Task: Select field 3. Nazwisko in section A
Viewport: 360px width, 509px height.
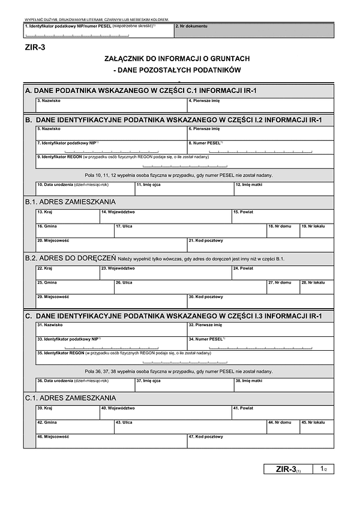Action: coord(110,105)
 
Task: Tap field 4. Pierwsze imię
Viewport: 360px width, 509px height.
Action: coord(260,105)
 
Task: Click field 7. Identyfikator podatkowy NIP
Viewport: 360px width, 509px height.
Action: coord(110,147)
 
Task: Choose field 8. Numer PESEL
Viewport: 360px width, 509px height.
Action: coord(260,147)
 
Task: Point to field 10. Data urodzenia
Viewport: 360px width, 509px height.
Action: coord(84,189)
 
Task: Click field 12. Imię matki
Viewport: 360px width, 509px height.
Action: coord(283,189)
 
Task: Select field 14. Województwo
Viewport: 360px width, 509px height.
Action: coord(165,216)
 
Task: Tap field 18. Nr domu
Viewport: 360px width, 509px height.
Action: coord(283,230)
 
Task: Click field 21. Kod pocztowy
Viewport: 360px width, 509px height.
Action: coord(260,245)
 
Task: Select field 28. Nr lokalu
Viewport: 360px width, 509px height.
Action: coord(316,287)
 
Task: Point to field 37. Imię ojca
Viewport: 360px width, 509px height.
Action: coord(183,384)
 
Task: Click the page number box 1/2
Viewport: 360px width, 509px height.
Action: coord(323,469)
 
